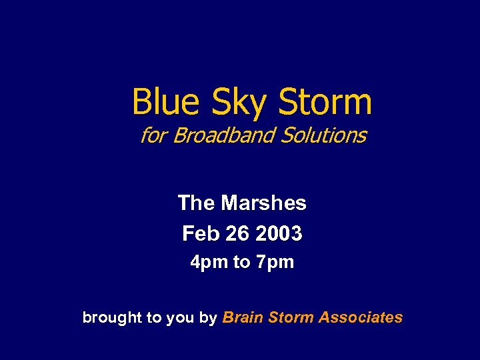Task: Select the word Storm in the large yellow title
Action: click(325, 102)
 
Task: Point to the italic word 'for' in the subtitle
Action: click(153, 135)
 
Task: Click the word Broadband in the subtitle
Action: click(223, 135)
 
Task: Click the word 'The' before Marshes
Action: click(197, 203)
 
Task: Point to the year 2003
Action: click(279, 233)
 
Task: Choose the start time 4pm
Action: click(209, 263)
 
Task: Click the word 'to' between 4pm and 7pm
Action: click(241, 263)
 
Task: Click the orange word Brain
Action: click(242, 317)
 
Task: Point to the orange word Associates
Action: click(361, 317)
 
